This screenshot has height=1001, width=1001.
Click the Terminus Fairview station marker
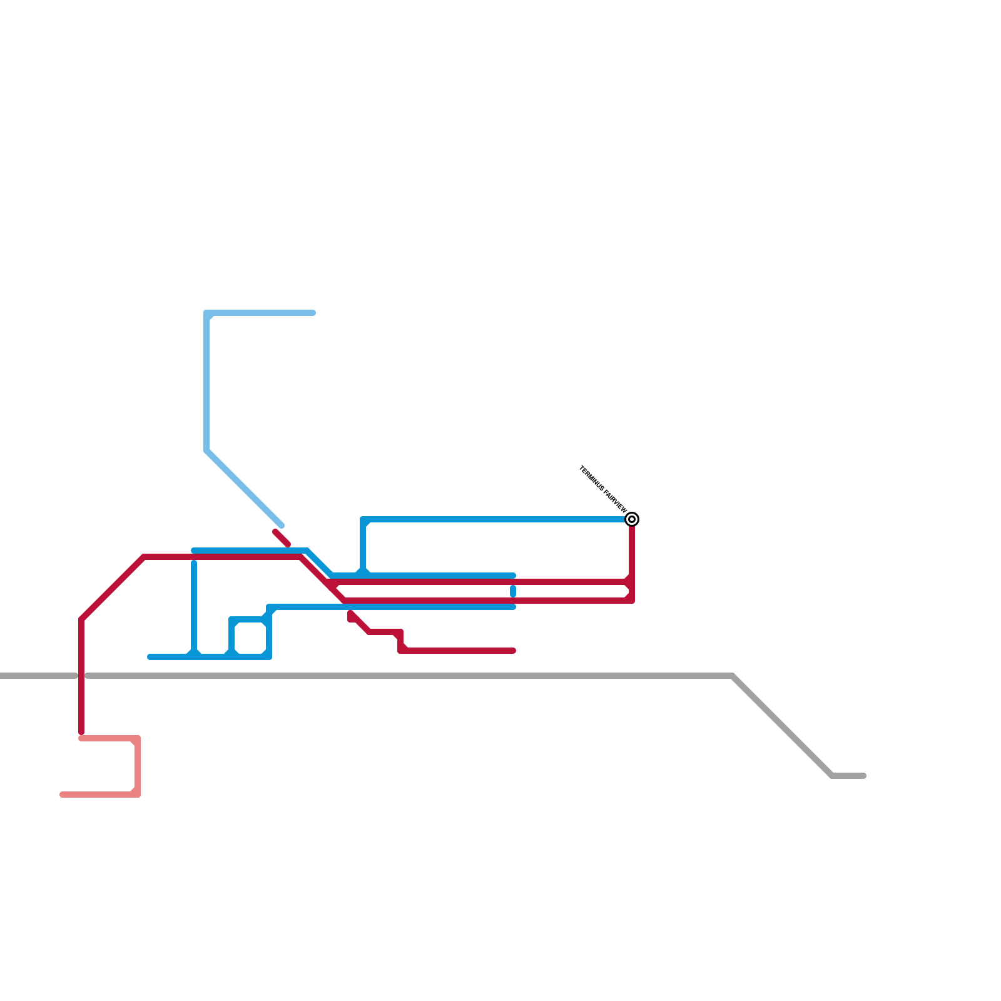pyautogui.click(x=632, y=519)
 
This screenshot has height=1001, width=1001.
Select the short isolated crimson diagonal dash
pyautogui.click(x=282, y=538)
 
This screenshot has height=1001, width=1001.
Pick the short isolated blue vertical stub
pyautogui.click(x=513, y=591)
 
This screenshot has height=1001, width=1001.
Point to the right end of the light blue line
pyautogui.click(x=313, y=313)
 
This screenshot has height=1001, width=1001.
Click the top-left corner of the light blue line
pyautogui.click(x=207, y=313)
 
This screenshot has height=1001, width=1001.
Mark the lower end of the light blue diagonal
pyautogui.click(x=282, y=526)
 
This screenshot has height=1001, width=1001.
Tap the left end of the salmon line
pyautogui.click(x=63, y=795)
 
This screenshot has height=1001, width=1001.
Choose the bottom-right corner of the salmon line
pyautogui.click(x=138, y=795)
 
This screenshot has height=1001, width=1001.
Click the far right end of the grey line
pyautogui.click(x=863, y=776)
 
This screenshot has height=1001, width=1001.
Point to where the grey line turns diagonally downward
pyautogui.click(x=732, y=676)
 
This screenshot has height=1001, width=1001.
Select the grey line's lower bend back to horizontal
pyautogui.click(x=832, y=776)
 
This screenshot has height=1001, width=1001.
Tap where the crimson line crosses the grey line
pyautogui.click(x=81, y=676)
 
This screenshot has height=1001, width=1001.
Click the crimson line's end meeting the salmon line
pyautogui.click(x=81, y=732)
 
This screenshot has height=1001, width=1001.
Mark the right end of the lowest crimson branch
pyautogui.click(x=513, y=651)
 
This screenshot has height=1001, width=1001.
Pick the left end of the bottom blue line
pyautogui.click(x=150, y=657)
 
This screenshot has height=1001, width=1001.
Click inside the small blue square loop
pyautogui.click(x=250, y=638)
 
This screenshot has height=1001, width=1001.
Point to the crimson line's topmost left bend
pyautogui.click(x=144, y=557)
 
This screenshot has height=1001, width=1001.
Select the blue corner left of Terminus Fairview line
pyautogui.click(x=363, y=520)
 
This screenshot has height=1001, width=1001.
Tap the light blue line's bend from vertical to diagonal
pyautogui.click(x=206, y=450)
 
